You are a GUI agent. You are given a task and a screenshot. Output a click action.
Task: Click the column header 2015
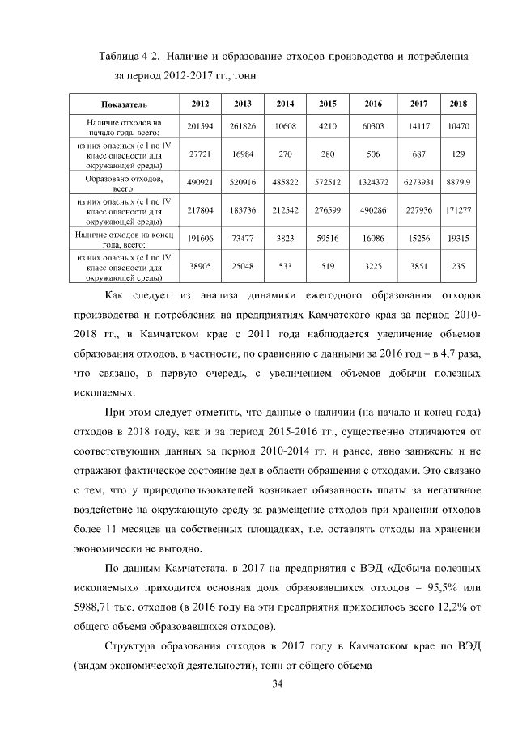[327, 104]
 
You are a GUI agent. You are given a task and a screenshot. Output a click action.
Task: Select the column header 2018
[459, 104]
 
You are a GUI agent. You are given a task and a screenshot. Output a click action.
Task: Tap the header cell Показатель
[124, 104]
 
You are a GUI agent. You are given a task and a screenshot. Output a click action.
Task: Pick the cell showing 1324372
[373, 184]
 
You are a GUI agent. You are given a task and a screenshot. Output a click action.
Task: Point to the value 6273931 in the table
[419, 184]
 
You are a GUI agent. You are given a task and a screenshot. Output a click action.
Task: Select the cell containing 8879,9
[459, 184]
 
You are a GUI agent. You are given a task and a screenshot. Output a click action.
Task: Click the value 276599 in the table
[327, 210]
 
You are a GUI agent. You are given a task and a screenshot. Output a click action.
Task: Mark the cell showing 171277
[459, 210]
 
